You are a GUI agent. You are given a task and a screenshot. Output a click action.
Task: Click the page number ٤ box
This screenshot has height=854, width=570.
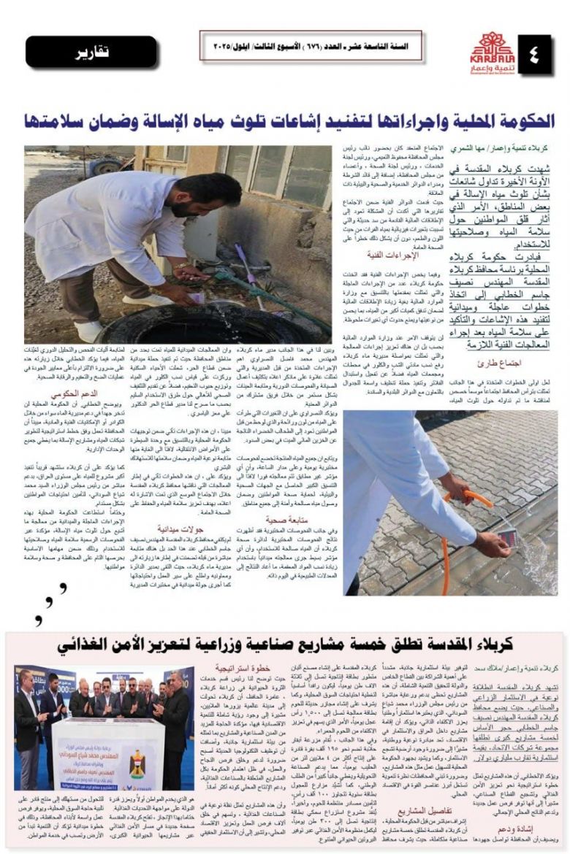point(536,53)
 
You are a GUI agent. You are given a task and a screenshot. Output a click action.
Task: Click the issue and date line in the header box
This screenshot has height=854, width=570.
point(305,46)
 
